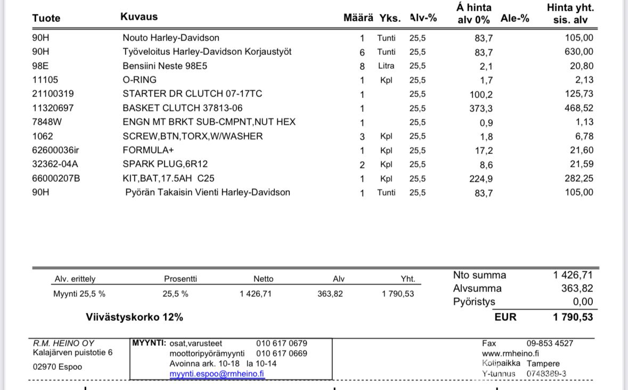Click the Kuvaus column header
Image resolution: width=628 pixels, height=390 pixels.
tap(139, 17)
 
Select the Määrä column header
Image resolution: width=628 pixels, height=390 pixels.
tap(358, 18)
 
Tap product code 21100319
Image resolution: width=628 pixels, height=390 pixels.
tap(53, 94)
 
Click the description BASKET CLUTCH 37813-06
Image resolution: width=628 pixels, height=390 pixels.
tap(182, 108)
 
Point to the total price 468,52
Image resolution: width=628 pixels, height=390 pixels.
tap(579, 108)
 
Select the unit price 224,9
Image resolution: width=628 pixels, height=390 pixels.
tap(481, 179)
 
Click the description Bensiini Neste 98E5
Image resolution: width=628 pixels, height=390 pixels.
tap(165, 66)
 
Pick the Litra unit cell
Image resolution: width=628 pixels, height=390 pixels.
tap(386, 66)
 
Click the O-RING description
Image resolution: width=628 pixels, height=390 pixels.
tap(140, 80)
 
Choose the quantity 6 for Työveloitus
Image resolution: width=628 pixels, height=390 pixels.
tap(362, 52)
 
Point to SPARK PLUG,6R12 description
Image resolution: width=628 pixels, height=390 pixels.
tap(165, 164)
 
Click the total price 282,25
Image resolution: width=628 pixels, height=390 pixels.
tap(579, 178)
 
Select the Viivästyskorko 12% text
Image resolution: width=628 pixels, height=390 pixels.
tap(134, 317)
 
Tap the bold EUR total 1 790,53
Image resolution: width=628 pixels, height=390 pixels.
tap(573, 317)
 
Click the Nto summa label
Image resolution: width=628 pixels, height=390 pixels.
tap(479, 275)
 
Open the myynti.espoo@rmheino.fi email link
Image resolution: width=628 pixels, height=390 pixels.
tap(217, 373)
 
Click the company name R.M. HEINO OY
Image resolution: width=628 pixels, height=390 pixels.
tap(64, 343)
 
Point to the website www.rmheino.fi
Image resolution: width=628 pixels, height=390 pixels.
tap(510, 354)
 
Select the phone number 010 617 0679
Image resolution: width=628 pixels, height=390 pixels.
tap(282, 343)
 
